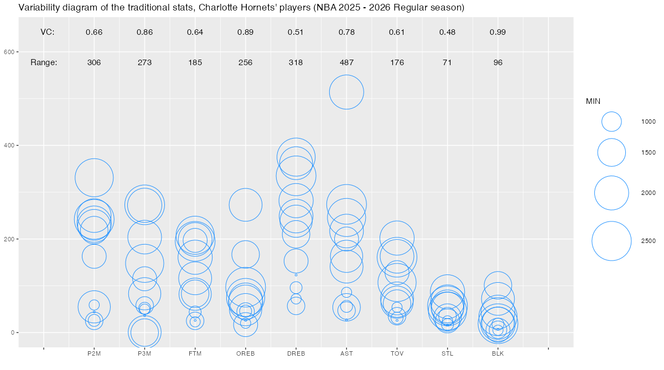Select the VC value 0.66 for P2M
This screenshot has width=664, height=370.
[94, 32]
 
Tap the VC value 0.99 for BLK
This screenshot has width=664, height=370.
[498, 32]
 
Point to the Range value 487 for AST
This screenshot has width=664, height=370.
[346, 62]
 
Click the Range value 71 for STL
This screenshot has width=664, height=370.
[447, 62]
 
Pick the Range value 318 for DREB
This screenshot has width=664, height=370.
[295, 62]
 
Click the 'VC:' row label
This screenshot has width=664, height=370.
[48, 32]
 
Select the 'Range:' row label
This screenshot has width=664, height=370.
[44, 62]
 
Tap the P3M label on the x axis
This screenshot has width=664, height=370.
[144, 354]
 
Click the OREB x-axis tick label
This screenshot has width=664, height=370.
[245, 354]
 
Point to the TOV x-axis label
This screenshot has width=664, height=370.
[397, 354]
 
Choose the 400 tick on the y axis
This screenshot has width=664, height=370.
[9, 145]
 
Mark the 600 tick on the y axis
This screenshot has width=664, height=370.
[9, 52]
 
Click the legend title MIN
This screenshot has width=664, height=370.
[593, 101]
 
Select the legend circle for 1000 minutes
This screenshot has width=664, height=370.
[611, 121]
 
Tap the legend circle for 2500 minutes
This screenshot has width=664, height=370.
[611, 241]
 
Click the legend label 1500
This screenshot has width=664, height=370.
[649, 152]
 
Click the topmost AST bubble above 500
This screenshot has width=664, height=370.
[346, 92]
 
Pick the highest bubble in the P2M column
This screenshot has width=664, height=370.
[94, 177]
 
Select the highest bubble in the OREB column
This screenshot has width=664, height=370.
[245, 204]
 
